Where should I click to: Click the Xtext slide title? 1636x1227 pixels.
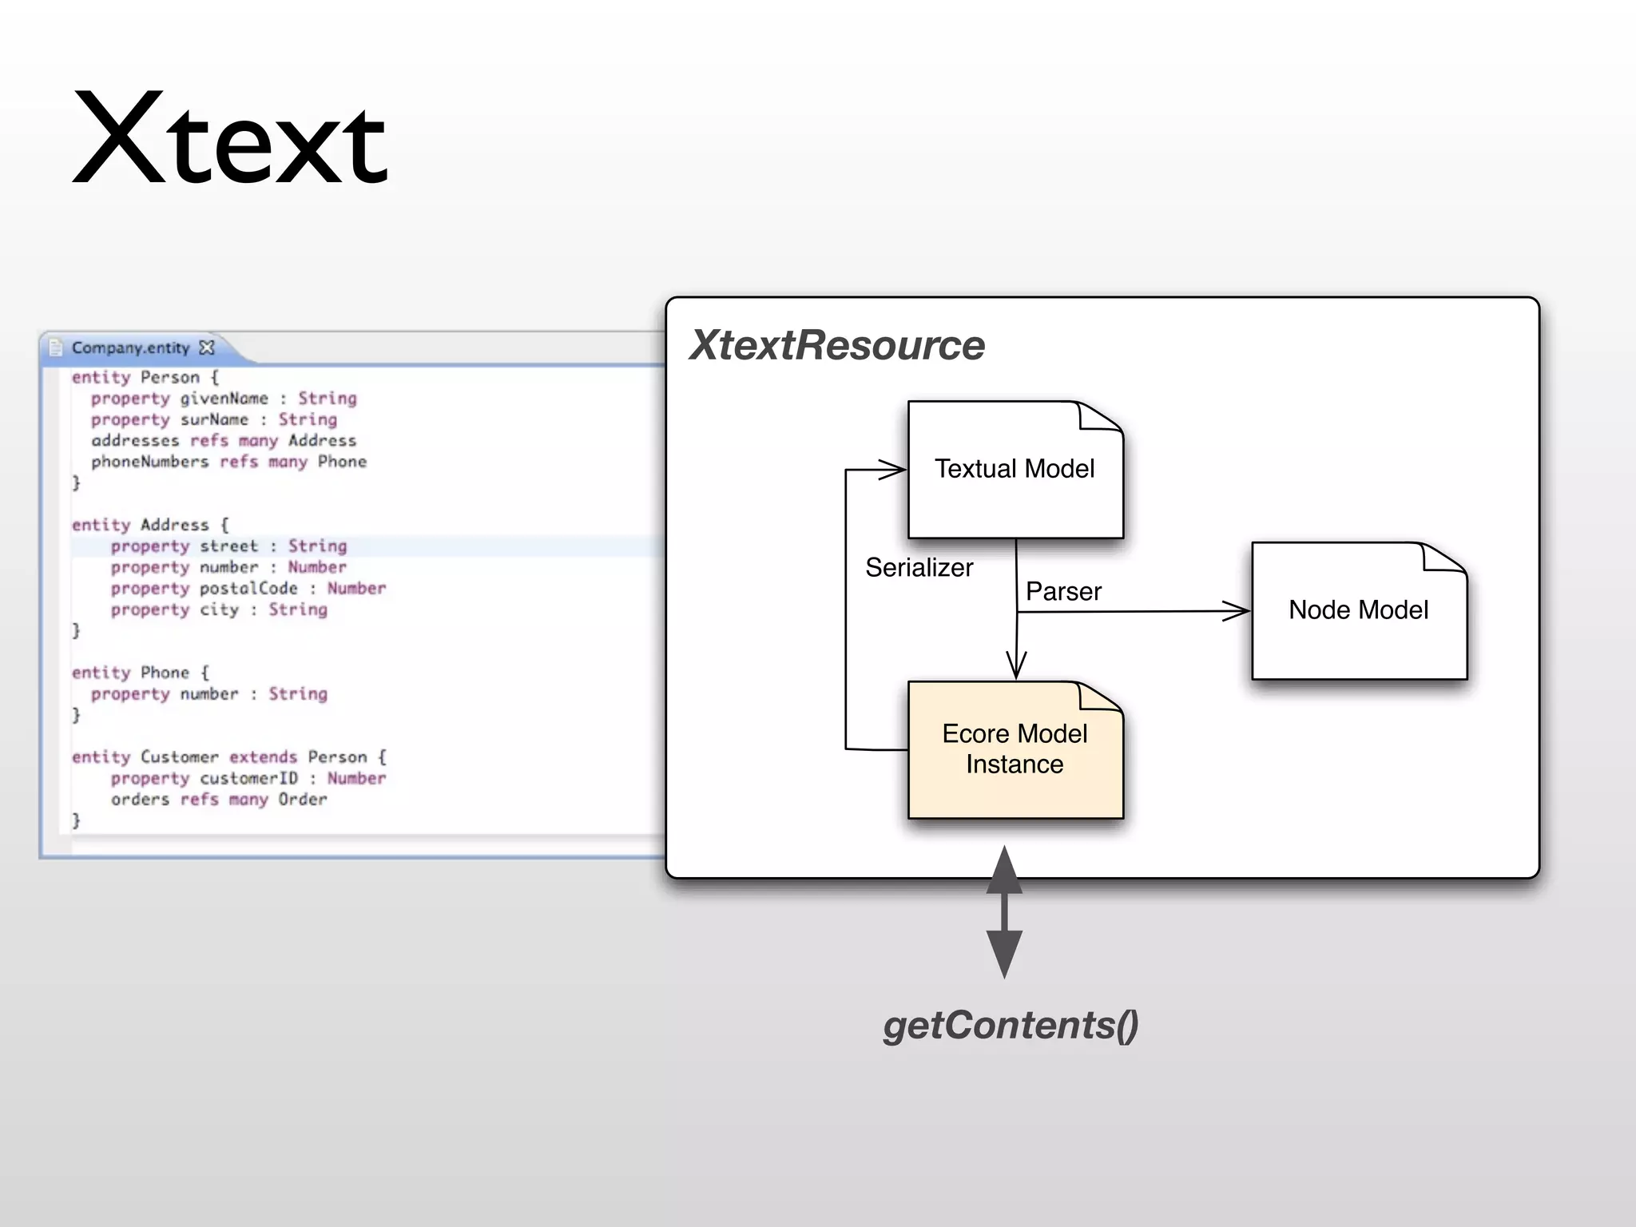click(230, 140)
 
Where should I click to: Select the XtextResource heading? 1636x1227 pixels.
click(837, 345)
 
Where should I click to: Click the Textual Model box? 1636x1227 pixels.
click(1015, 470)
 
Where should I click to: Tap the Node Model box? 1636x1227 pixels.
click(1358, 611)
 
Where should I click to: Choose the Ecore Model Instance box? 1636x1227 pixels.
click(1015, 749)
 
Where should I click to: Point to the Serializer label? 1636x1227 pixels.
click(919, 568)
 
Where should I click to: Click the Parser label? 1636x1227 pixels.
click(1063, 592)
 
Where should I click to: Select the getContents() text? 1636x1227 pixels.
click(1011, 1025)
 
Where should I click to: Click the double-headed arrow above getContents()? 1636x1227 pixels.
click(1004, 912)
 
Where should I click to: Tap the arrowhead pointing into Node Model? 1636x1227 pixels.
click(1237, 612)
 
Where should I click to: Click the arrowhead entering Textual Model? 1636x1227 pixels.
click(892, 470)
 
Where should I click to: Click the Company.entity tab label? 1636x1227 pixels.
click(130, 347)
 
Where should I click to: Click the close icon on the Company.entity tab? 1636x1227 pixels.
click(207, 347)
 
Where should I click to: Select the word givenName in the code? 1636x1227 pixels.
click(224, 399)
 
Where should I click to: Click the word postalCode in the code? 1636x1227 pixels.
click(248, 589)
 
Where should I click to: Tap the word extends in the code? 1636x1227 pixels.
click(263, 757)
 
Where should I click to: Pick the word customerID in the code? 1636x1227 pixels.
click(248, 779)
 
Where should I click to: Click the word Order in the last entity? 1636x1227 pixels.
click(303, 800)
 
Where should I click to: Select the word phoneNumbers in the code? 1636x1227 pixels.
click(149, 462)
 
